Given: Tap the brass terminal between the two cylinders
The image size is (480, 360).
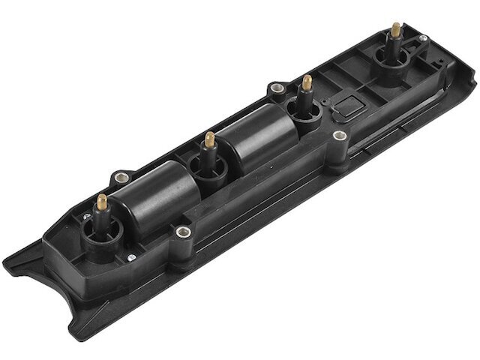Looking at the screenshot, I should [x=211, y=140].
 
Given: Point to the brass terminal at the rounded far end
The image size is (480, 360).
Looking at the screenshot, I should [x=395, y=30].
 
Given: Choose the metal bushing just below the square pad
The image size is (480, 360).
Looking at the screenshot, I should [x=340, y=136].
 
